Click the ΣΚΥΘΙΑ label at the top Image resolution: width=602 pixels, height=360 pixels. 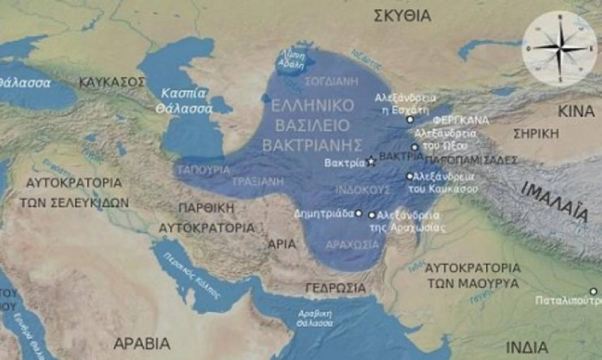click(402, 15)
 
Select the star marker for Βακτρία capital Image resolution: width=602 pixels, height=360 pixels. click(371, 162)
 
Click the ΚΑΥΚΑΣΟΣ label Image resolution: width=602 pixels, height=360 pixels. click(112, 83)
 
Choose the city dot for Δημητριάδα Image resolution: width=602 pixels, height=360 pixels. click(358, 213)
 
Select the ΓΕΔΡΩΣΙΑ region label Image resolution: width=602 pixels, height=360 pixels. click(335, 287)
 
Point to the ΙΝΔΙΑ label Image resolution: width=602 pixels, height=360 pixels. click(527, 347)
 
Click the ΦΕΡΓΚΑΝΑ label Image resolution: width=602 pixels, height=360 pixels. click(461, 120)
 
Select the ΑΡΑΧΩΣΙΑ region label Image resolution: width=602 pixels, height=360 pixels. click(352, 245)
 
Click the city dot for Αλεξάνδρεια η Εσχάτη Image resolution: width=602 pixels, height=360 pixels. click(409, 119)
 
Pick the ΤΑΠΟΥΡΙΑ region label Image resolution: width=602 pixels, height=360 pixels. click(204, 170)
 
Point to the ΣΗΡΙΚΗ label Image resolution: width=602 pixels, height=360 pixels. click(536, 134)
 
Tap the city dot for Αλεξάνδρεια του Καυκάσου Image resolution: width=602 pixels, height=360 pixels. click(409, 176)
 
